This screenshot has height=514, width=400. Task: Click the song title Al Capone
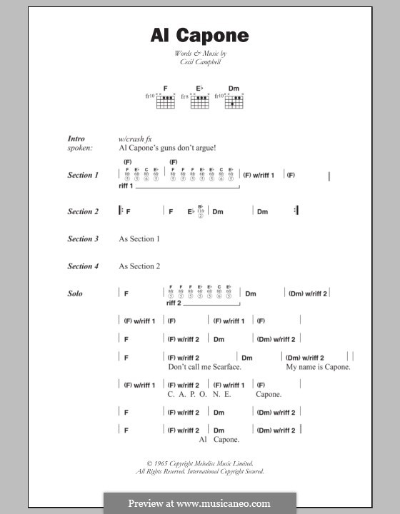199,35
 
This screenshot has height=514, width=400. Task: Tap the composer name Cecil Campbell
199,63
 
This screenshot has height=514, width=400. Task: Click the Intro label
76,138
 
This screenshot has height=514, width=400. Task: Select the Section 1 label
83,175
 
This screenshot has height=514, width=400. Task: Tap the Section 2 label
83,211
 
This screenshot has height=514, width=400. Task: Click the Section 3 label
83,239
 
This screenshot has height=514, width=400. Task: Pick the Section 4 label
83,266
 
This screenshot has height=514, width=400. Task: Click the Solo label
75,293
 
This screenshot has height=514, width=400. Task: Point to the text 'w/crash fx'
136,138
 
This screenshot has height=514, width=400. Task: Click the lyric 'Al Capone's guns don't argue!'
167,148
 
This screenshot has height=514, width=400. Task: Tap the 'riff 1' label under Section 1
126,186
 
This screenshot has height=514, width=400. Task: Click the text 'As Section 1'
139,239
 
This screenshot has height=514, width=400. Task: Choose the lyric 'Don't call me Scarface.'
204,367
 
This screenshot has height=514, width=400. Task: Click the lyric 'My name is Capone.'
318,367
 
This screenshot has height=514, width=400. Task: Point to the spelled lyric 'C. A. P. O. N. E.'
199,394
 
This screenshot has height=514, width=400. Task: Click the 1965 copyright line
199,464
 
